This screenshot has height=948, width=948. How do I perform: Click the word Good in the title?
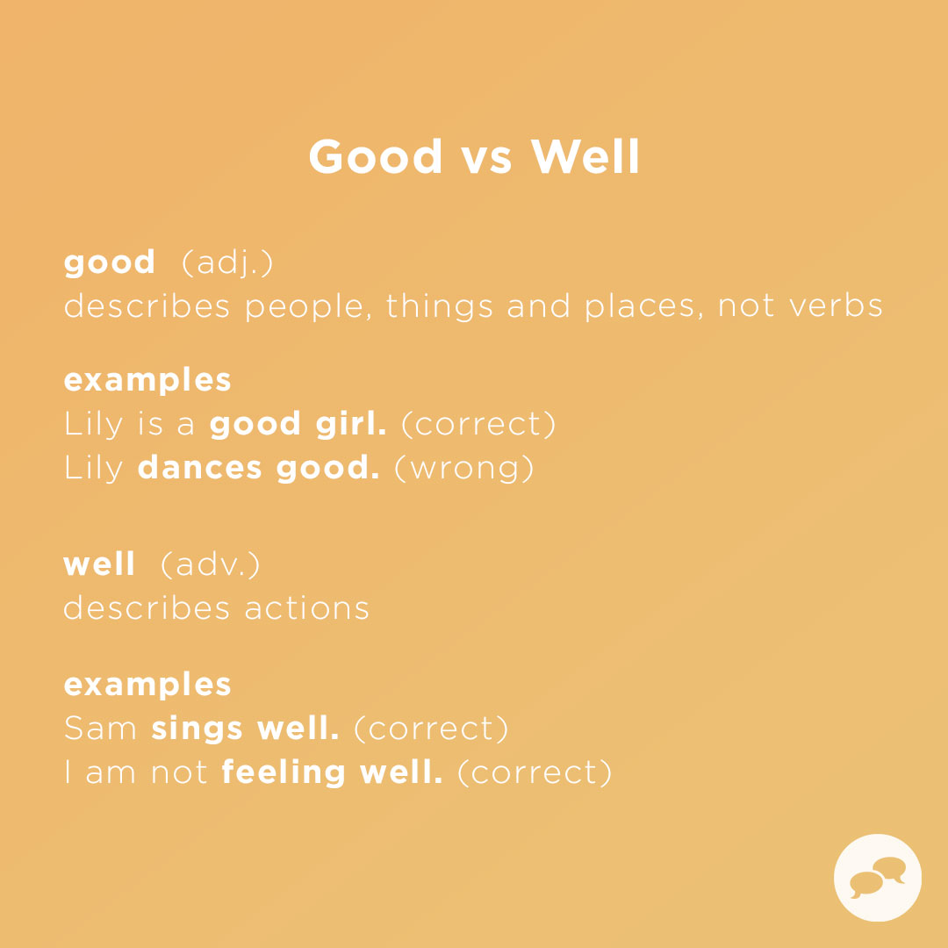pyautogui.click(x=376, y=157)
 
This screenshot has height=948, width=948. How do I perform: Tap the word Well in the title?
pyautogui.click(x=585, y=157)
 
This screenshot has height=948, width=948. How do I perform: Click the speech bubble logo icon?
pyautogui.click(x=877, y=877)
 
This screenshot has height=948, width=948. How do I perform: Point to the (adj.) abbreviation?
pyautogui.click(x=227, y=263)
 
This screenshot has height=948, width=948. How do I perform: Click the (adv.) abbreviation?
pyautogui.click(x=211, y=565)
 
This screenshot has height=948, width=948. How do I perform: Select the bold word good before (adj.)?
pyautogui.click(x=110, y=263)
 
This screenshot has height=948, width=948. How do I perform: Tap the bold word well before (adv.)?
pyautogui.click(x=99, y=565)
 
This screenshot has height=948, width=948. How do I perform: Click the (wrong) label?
pyautogui.click(x=463, y=468)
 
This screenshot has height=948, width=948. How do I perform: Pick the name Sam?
pyautogui.click(x=100, y=729)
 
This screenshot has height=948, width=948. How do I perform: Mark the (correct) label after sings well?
pyautogui.click(x=431, y=729)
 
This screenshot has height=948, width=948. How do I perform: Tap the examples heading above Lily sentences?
pyautogui.click(x=147, y=381)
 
